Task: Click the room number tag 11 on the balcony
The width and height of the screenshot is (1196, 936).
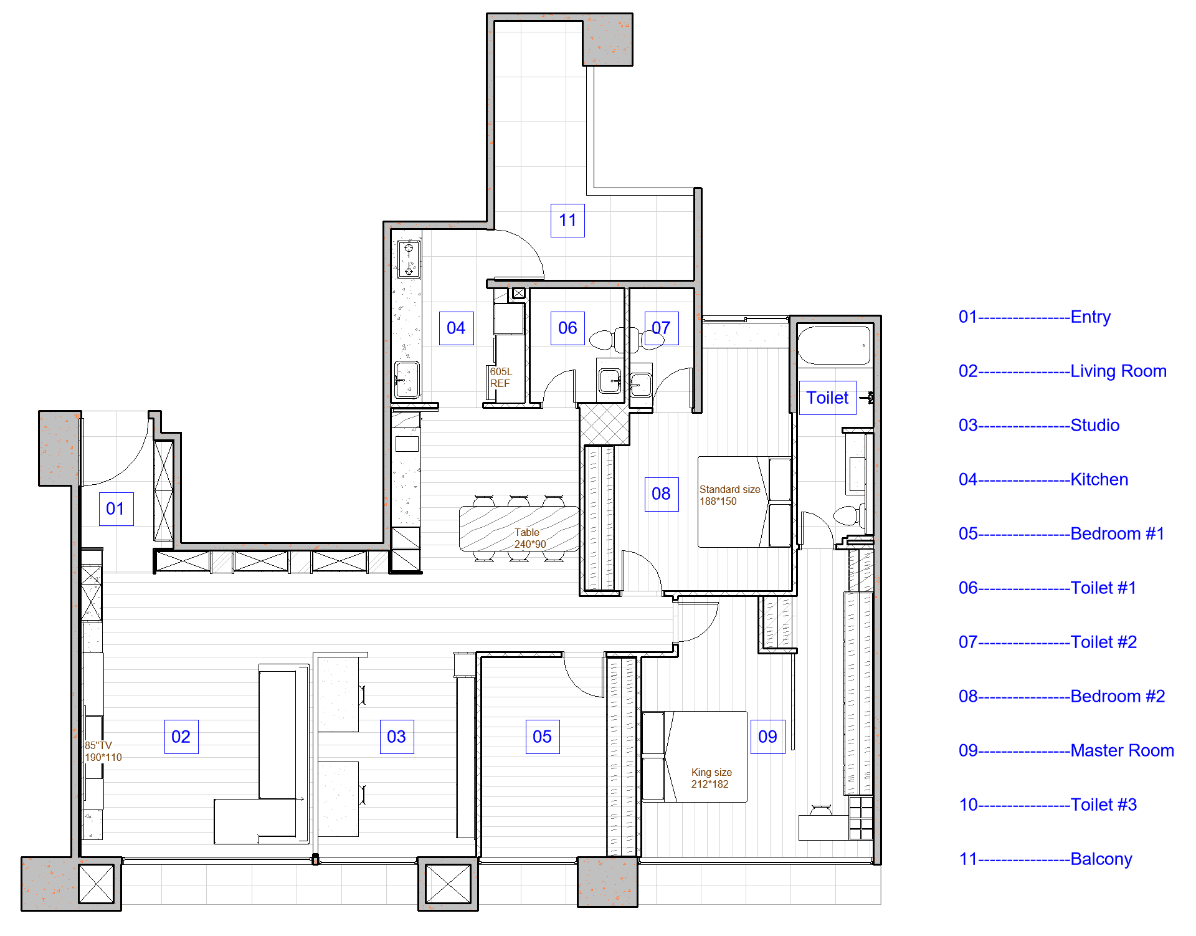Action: click(x=567, y=221)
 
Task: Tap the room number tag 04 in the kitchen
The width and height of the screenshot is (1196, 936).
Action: click(x=456, y=328)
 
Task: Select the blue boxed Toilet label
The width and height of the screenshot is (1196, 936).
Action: click(x=827, y=398)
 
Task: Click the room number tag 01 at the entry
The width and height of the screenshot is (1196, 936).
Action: click(x=116, y=509)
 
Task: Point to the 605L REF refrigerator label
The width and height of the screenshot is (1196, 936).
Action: click(x=501, y=378)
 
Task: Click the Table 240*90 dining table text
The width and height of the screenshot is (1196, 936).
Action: click(x=529, y=538)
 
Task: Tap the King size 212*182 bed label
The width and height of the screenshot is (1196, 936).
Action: click(x=711, y=778)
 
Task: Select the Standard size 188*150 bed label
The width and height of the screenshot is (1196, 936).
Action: click(x=729, y=495)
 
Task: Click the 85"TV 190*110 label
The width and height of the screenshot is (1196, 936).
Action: click(x=103, y=752)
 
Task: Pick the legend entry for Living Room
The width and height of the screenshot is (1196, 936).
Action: click(x=1062, y=371)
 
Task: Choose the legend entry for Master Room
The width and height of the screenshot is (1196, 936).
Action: click(x=1066, y=751)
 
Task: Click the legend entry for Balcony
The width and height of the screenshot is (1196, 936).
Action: click(x=1045, y=859)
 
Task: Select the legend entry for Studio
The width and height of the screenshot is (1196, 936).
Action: click(x=1039, y=426)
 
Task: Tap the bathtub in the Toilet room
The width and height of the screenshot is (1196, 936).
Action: click(x=834, y=345)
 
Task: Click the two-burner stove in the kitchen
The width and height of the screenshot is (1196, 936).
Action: click(x=409, y=259)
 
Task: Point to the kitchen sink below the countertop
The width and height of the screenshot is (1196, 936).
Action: click(x=407, y=380)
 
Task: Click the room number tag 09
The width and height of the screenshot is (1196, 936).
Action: click(x=767, y=737)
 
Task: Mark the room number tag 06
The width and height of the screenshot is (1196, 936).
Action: click(x=567, y=328)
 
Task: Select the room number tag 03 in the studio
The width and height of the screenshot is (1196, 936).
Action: click(x=397, y=737)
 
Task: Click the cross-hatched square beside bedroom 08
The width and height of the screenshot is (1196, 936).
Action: click(x=604, y=424)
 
